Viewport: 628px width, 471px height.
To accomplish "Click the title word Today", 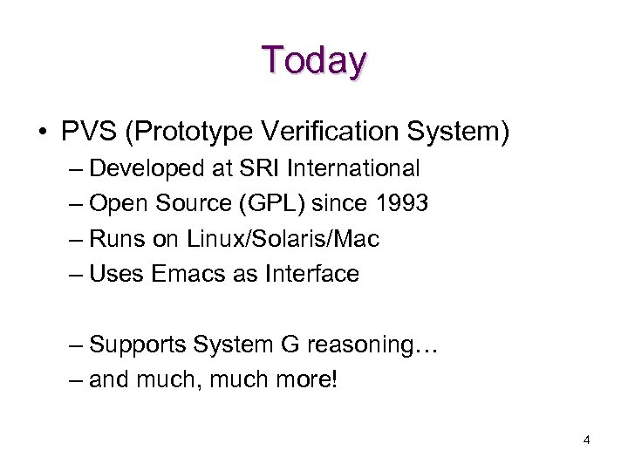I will [x=314, y=60].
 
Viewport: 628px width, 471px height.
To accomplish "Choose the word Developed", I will [x=145, y=167].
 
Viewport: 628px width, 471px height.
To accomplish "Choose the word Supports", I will [x=138, y=345].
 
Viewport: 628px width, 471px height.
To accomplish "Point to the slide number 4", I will [x=586, y=440].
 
